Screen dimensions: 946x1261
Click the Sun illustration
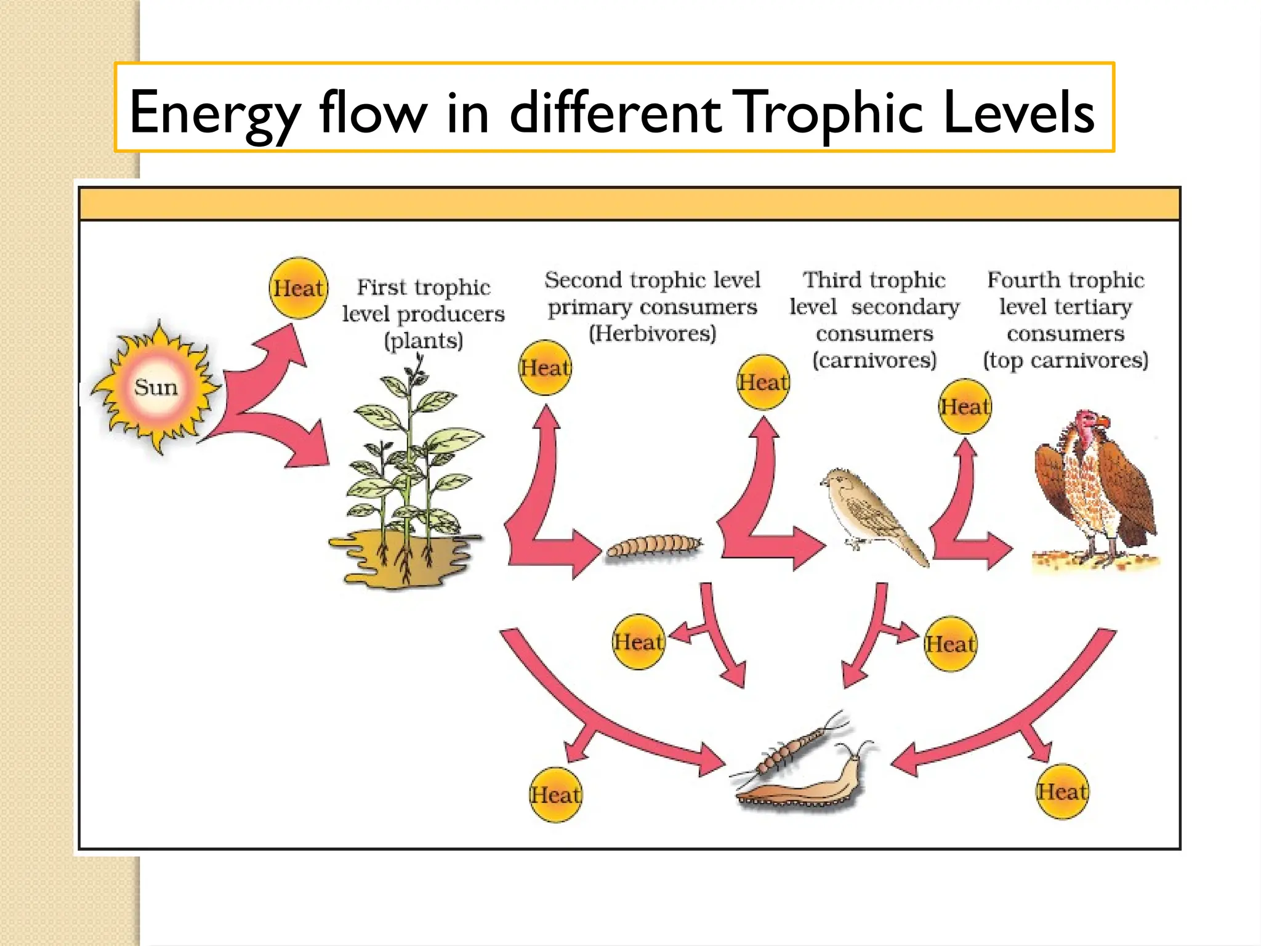pos(155,388)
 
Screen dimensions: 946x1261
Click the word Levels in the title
pos(1018,112)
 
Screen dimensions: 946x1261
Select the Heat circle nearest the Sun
pos(299,288)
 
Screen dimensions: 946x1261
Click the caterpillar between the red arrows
pos(654,545)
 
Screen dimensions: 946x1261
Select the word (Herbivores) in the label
pos(653,334)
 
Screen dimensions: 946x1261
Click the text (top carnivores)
pos(1065,360)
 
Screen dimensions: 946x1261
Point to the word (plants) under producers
pos(424,341)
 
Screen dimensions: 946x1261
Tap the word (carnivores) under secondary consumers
pos(874,360)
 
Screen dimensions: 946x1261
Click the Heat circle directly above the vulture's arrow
pos(965,406)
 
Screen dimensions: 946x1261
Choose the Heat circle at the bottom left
pos(555,794)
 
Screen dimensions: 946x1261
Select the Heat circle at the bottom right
pos(1062,791)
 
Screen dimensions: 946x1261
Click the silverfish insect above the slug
pos(794,748)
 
